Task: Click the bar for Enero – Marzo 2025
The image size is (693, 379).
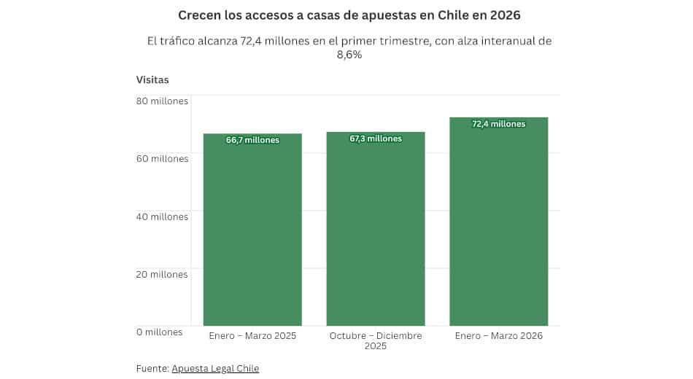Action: tap(252, 233)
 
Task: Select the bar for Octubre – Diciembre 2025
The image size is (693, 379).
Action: tap(376, 233)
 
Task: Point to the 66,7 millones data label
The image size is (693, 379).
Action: tap(252, 140)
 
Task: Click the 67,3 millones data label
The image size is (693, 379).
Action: tap(376, 138)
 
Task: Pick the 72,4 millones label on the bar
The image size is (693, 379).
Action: tap(499, 124)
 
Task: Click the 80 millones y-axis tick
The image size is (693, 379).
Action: tap(162, 101)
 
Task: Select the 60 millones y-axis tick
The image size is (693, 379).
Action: tap(162, 158)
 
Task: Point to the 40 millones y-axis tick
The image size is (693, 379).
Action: tap(162, 216)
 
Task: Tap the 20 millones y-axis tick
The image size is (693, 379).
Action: tap(162, 274)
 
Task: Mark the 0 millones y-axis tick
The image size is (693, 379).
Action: tap(159, 332)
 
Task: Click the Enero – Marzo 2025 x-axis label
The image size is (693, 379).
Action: tap(252, 336)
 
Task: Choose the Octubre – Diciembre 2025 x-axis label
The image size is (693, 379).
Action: tap(376, 340)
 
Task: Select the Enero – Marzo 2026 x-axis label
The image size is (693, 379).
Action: tap(499, 336)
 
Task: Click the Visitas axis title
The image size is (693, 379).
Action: tap(152, 79)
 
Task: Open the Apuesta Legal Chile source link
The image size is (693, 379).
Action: tap(215, 368)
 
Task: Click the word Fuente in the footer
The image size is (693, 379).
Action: tap(152, 368)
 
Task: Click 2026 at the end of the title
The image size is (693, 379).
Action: tap(506, 15)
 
